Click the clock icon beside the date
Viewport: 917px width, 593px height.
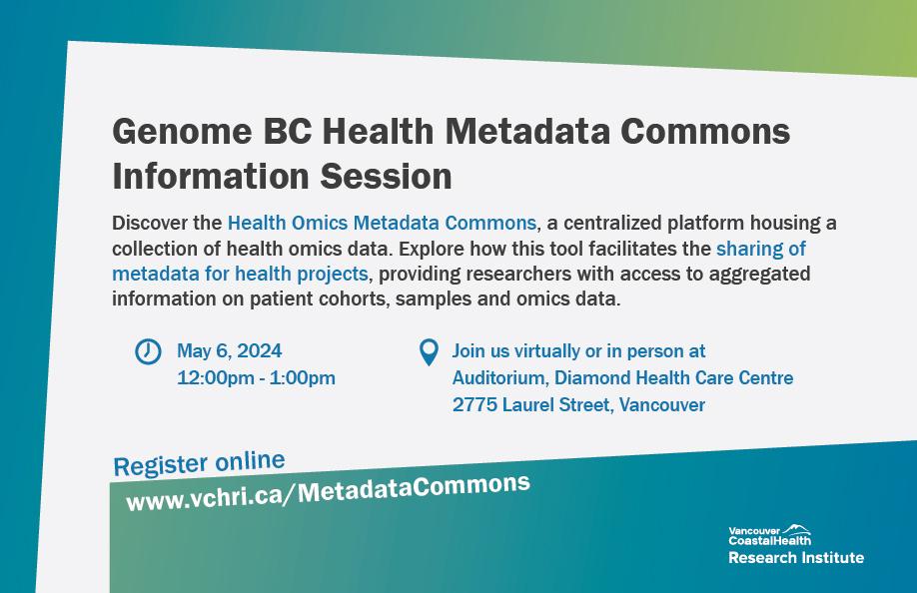(148, 351)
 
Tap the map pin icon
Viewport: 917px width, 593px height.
(429, 352)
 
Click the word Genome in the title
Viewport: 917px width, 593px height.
(182, 132)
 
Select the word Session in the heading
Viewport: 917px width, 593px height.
(386, 176)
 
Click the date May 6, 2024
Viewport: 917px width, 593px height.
(230, 350)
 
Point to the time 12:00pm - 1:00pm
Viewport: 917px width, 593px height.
(256, 377)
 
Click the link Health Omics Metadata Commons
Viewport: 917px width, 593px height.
(382, 223)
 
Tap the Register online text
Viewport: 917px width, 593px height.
(199, 463)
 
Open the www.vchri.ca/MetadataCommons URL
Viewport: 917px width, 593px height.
(328, 492)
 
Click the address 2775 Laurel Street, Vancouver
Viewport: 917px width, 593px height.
(579, 404)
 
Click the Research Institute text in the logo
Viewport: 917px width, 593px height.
(796, 557)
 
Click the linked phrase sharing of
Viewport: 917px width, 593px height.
(761, 249)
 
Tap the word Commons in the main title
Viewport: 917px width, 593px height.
(705, 131)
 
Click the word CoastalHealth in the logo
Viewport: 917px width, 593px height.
(769, 540)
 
